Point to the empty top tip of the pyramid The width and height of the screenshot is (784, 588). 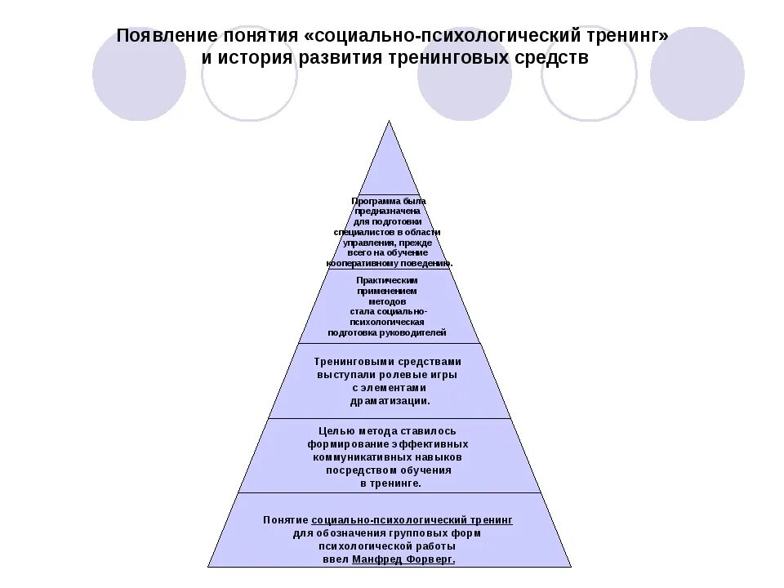[390, 163]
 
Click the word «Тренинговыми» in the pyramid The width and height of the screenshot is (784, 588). [354, 361]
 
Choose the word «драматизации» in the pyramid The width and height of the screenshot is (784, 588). [388, 401]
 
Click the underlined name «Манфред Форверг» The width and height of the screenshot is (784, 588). [403, 559]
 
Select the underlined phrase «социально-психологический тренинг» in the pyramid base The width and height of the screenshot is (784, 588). [412, 519]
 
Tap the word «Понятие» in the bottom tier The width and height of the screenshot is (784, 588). [285, 519]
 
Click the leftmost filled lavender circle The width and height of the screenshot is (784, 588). [139, 73]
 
